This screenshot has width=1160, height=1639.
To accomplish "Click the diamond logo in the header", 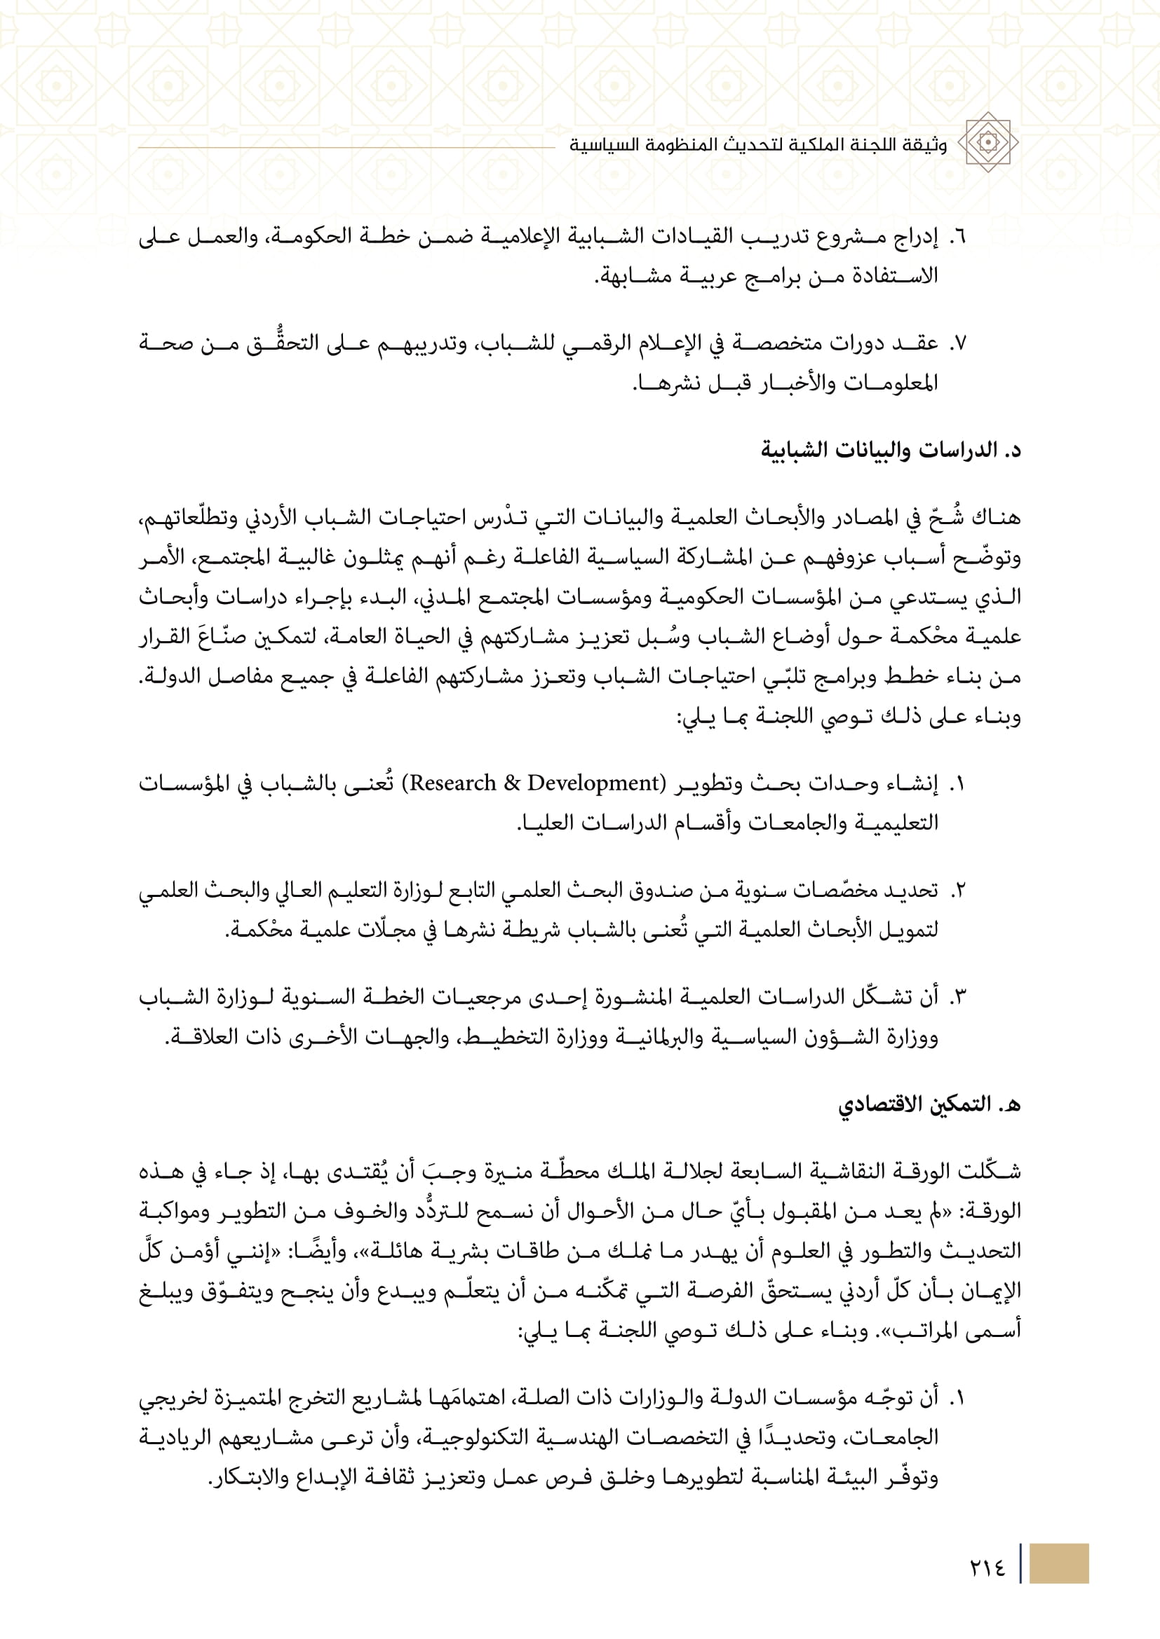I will [x=988, y=142].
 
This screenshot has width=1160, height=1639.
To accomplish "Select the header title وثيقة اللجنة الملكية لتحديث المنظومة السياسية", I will [x=758, y=146].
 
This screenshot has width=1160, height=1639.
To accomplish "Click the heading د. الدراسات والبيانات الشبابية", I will [x=891, y=450].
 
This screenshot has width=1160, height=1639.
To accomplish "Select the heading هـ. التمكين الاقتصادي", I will [x=929, y=1104].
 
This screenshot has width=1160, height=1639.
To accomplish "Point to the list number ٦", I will [x=957, y=236].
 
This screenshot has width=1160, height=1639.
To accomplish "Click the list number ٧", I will [x=957, y=344].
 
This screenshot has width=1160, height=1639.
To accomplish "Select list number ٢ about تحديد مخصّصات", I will [x=958, y=891].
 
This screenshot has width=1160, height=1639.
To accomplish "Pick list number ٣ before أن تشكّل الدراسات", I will [x=958, y=997].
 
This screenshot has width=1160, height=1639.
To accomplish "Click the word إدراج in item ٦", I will [x=916, y=236].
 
